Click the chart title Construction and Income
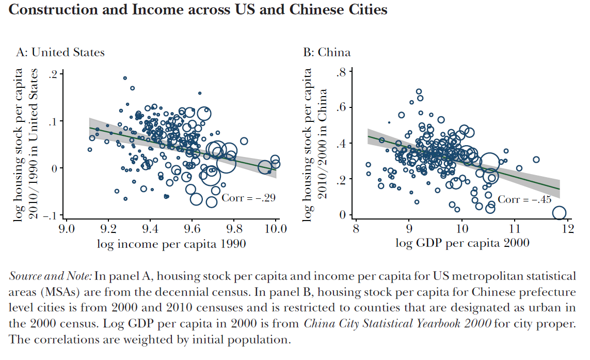pyautogui.click(x=198, y=9)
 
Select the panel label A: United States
pyautogui.click(x=60, y=52)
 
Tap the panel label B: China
pyautogui.click(x=326, y=52)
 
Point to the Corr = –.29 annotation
pyautogui.click(x=249, y=198)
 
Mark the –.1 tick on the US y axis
pyautogui.click(x=50, y=215)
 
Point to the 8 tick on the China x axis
pyautogui.click(x=355, y=228)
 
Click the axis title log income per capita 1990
pyautogui.click(x=171, y=244)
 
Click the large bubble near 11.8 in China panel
pyautogui.click(x=559, y=213)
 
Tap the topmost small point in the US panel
pyautogui.click(x=125, y=78)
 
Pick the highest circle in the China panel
pyautogui.click(x=419, y=91)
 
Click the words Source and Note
pyautogui.click(x=50, y=276)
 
